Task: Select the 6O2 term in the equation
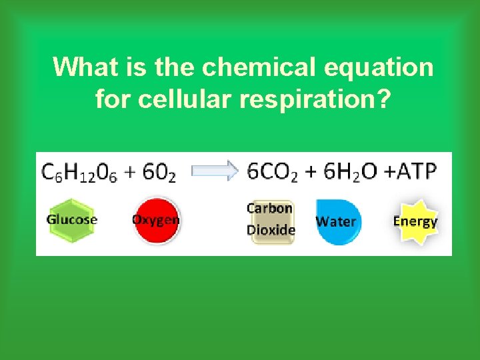click(159, 172)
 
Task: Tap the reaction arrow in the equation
click(215, 171)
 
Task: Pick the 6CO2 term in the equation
click(273, 172)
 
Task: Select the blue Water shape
click(337, 221)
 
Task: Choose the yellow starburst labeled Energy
click(415, 221)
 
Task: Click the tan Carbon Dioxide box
click(271, 220)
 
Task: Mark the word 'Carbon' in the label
click(270, 208)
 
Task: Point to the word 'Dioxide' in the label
click(271, 230)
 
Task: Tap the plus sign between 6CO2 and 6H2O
click(311, 171)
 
